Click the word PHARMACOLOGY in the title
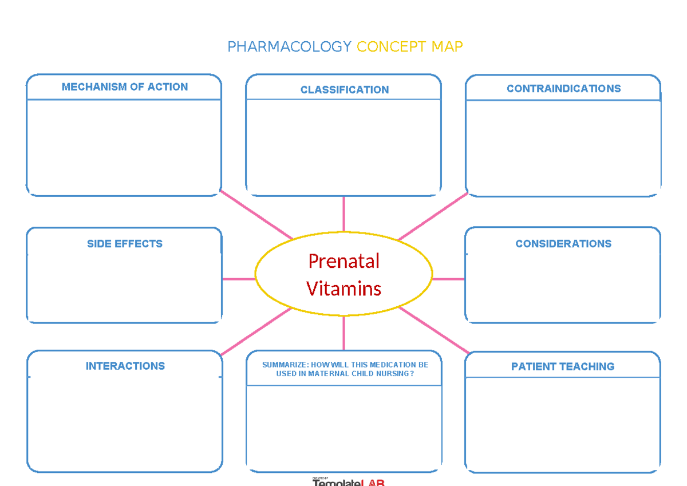tap(289, 47)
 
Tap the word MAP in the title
tap(447, 47)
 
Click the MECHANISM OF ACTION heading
tap(125, 87)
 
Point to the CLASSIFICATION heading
tap(345, 90)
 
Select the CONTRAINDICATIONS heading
tap(563, 89)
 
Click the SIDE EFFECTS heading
tap(125, 244)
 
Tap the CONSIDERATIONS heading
tap(563, 244)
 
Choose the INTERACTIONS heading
tap(125, 366)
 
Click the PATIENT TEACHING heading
tap(563, 367)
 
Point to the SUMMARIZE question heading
tap(345, 369)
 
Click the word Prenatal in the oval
tap(343, 261)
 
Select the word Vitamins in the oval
tap(343, 288)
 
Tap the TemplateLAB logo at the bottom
tap(348, 482)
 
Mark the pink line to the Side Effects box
tap(238, 279)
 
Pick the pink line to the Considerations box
tap(448, 279)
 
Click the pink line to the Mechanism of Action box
tap(256, 215)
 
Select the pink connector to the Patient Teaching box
tap(434, 330)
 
